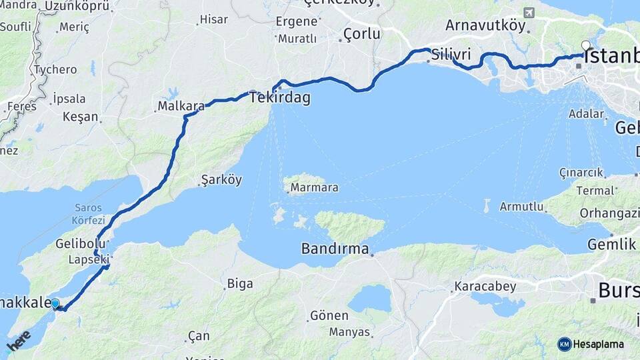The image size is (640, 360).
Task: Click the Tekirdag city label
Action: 280,98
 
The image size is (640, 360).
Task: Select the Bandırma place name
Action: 335,249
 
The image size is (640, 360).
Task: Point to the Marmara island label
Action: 313,187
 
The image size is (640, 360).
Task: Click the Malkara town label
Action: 181,106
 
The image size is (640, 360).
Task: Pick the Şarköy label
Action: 221,180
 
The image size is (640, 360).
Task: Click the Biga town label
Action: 240,284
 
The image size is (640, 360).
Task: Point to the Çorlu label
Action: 362,33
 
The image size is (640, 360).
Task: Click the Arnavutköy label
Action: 485,26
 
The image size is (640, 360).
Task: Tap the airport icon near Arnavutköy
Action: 529,13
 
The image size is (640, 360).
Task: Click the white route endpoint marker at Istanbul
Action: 585,46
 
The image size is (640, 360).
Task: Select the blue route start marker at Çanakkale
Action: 55,303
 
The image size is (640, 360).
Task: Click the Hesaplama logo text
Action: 598,344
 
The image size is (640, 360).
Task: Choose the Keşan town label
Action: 80,117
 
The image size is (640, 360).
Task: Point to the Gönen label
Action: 329,315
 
